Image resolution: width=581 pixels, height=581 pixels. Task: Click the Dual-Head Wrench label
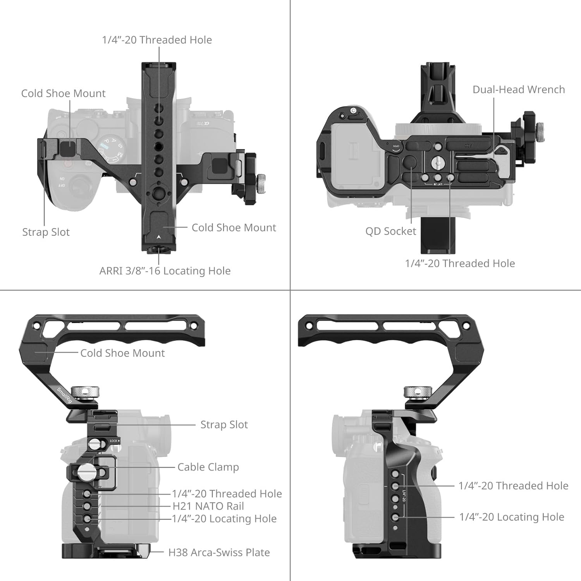click(x=519, y=89)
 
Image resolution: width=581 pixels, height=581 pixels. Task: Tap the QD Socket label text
click(x=390, y=231)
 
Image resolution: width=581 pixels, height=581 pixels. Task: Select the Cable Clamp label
click(x=208, y=467)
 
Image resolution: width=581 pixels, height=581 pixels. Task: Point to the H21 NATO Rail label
click(x=208, y=506)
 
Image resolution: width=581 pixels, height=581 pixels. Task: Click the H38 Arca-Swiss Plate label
click(x=219, y=552)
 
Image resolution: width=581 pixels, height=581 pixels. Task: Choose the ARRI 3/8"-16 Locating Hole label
click(x=165, y=271)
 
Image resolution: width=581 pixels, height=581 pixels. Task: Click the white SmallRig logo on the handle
click(x=64, y=395)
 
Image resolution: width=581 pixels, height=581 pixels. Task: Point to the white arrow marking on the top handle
click(x=159, y=237)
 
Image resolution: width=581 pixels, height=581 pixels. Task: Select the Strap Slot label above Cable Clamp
click(x=224, y=425)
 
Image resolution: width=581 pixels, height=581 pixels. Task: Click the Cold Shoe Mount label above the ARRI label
click(x=234, y=227)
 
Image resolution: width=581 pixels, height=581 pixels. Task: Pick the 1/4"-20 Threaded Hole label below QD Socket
click(x=460, y=263)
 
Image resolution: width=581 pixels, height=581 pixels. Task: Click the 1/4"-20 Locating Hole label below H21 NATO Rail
click(x=224, y=519)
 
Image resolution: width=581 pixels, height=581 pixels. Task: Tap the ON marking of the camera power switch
click(x=62, y=179)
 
